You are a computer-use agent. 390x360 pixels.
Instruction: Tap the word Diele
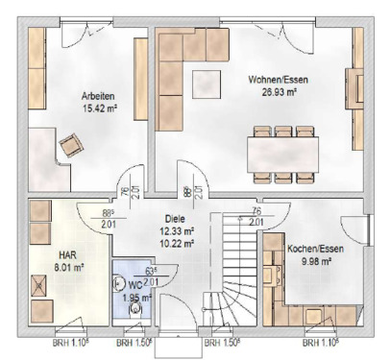point(174,218)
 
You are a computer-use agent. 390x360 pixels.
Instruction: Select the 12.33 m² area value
point(176,230)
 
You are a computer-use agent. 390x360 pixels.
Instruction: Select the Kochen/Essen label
point(309,248)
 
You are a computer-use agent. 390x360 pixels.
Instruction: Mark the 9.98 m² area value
point(309,260)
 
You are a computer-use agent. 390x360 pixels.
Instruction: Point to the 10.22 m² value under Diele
point(176,243)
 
